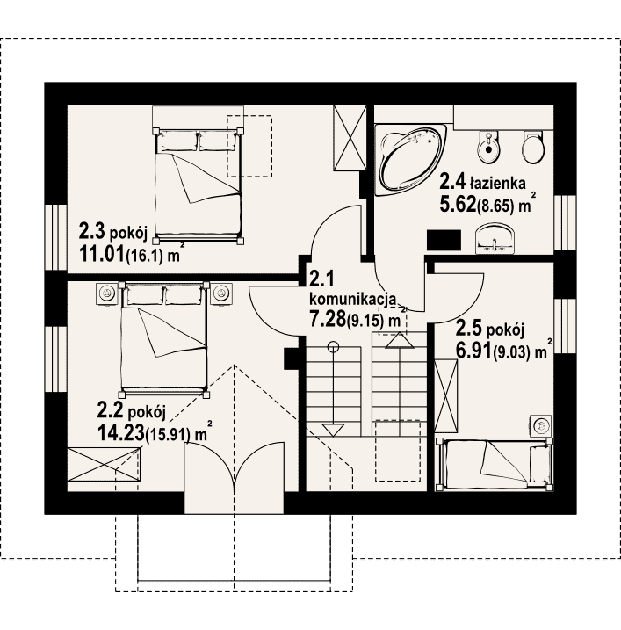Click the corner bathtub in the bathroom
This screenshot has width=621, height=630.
tap(410, 160)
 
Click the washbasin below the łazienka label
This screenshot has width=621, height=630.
tap(495, 240)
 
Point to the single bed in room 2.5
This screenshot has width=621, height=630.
tap(494, 465)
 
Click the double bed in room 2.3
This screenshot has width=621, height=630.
tap(198, 185)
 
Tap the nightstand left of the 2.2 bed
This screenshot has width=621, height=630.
tap(107, 293)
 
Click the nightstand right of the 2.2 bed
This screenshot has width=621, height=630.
tap(221, 293)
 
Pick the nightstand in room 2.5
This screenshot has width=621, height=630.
tap(541, 425)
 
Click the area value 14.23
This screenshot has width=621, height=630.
tap(121, 432)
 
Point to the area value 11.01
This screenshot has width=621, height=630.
tap(102, 254)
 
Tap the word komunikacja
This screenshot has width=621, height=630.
tap(352, 299)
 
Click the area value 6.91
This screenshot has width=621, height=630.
tap(474, 351)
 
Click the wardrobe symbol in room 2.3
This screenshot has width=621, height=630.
tap(350, 138)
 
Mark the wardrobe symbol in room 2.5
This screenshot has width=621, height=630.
tap(446, 396)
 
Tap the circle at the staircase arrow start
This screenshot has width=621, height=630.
tap(333, 346)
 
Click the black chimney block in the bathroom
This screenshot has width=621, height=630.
tap(444, 240)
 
